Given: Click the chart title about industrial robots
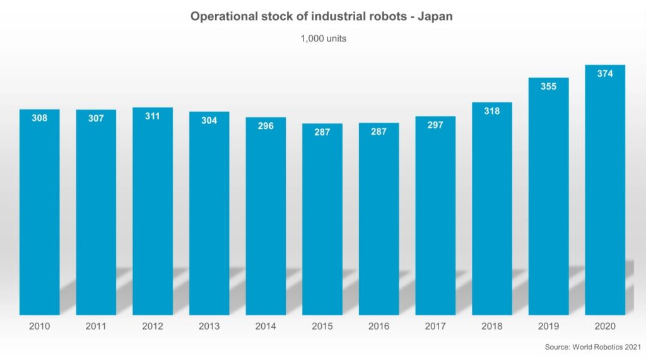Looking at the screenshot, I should (x=322, y=17).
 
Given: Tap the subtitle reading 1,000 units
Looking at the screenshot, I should (x=322, y=38).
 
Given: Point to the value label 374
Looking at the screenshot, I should (x=605, y=74).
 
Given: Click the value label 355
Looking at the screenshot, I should (x=548, y=86).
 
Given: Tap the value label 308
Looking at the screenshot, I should (x=40, y=118).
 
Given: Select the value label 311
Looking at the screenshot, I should (x=153, y=116).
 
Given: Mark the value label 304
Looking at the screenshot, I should (x=209, y=120).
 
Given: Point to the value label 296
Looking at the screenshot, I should (x=266, y=126).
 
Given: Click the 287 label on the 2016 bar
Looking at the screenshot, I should (x=379, y=132).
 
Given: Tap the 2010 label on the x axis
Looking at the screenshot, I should (x=40, y=327).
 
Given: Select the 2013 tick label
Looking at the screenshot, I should (x=209, y=327).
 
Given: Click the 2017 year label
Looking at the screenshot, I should (x=435, y=327).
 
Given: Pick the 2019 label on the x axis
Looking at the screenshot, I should (x=548, y=327).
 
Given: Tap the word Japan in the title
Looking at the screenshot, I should (x=433, y=17).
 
